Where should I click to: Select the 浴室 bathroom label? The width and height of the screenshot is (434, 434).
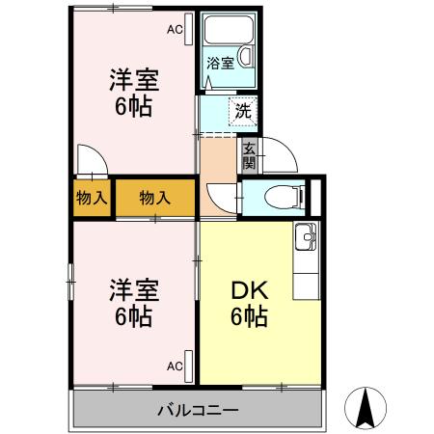point(221,64)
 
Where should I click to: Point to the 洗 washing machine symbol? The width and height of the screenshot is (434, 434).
point(242,111)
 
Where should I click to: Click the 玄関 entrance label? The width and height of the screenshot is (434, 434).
point(249,155)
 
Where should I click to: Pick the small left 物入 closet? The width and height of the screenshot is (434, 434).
point(92,199)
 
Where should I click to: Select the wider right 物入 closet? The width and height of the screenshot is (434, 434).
point(154,199)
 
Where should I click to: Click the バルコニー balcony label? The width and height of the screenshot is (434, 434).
point(198,410)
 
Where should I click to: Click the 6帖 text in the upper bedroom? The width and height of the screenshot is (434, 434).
point(134,107)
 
